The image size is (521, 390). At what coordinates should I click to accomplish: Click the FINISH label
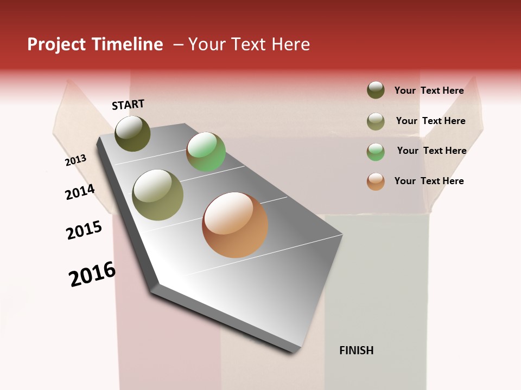point(357,350)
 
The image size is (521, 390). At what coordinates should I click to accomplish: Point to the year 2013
point(76,160)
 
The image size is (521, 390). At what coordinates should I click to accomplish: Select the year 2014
point(80,192)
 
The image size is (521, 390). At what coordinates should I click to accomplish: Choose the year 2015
point(84,230)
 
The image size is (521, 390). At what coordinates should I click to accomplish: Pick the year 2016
point(92,274)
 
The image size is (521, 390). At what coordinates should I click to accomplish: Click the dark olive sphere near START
point(132,133)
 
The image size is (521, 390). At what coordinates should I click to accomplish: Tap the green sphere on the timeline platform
point(206,152)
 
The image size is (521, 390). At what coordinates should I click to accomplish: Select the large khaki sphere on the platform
point(158,195)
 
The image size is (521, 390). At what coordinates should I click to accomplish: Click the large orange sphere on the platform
point(235,225)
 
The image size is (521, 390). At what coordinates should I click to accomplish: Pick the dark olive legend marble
point(376,90)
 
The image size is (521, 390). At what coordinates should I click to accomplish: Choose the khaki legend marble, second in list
point(376,121)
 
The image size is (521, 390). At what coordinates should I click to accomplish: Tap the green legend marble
point(376,152)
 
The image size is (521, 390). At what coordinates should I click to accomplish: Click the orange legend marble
point(376,181)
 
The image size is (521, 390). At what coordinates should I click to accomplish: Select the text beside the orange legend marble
point(429,181)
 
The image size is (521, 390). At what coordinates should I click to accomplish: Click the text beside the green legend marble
point(431,151)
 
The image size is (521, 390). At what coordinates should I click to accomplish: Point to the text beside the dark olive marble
point(429,90)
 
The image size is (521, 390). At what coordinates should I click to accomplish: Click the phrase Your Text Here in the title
point(249,44)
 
